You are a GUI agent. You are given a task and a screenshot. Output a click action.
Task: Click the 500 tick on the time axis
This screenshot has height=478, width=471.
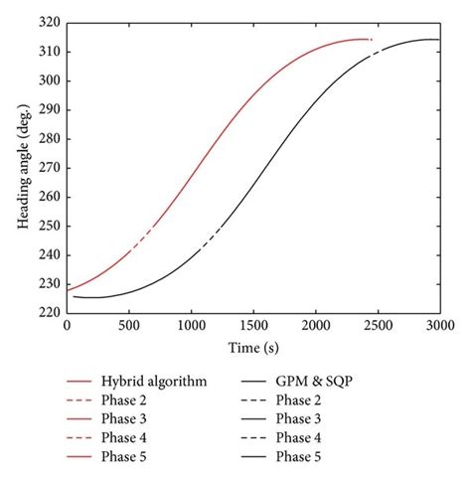[129, 312]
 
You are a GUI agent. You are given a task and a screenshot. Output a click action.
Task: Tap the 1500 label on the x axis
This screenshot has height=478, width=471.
[253, 324]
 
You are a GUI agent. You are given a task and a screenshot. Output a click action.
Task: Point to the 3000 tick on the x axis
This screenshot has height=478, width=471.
[440, 312]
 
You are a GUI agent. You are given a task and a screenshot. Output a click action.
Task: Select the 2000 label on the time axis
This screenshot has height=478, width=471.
[316, 324]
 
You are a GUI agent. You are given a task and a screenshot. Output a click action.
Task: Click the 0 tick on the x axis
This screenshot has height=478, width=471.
[67, 312]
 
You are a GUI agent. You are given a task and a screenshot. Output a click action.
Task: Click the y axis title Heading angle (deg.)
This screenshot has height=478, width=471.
[21, 167]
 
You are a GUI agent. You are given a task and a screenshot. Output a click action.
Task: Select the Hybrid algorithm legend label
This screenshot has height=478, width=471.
[154, 381]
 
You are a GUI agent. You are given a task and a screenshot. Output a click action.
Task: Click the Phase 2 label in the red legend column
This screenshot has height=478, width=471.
[126, 399]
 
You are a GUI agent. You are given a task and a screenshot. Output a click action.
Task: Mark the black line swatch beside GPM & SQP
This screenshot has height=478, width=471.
[252, 381]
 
